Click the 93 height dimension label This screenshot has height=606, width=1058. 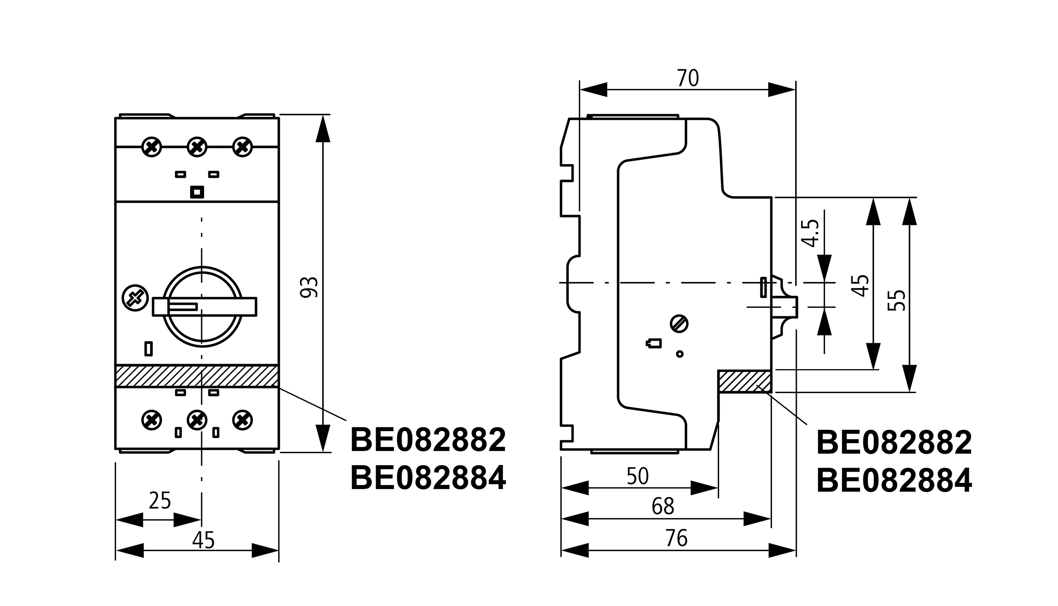(309, 287)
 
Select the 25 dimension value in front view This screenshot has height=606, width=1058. (160, 500)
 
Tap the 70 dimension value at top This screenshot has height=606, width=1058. (688, 78)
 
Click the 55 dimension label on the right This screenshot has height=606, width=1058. (896, 300)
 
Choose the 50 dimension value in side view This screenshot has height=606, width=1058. (637, 476)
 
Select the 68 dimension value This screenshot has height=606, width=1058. (663, 506)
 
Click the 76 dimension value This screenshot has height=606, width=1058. (677, 538)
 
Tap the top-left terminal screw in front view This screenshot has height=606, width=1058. (152, 147)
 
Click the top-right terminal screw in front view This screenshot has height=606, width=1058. (243, 147)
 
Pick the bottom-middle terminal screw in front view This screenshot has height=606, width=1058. (197, 420)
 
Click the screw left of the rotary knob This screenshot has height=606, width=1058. (135, 298)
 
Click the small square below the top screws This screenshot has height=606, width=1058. (197, 192)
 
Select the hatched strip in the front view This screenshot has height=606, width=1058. (197, 376)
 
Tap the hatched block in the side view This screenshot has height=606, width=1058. (745, 381)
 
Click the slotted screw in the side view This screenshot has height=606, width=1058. (679, 324)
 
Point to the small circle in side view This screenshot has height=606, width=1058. (680, 354)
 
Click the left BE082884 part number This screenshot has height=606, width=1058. (428, 478)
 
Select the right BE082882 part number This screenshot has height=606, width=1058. (894, 443)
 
